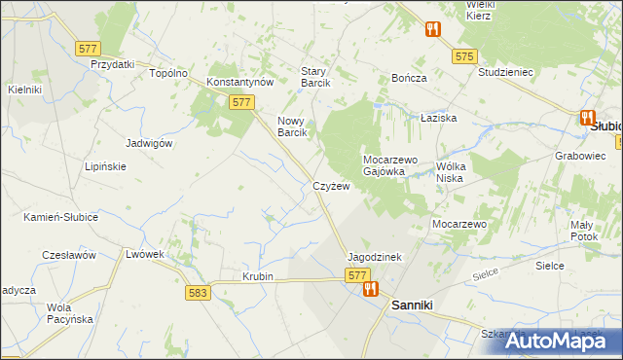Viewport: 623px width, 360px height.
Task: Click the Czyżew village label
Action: pyautogui.click(x=331, y=185)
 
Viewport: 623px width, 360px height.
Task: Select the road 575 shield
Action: pyautogui.click(x=463, y=57)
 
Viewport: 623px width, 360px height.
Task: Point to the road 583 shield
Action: pyautogui.click(x=199, y=292)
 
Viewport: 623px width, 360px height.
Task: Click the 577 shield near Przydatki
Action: pyautogui.click(x=89, y=47)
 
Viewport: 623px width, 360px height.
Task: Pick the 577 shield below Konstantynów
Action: pyautogui.click(x=242, y=102)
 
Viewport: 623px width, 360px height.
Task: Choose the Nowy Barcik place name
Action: pyautogui.click(x=292, y=126)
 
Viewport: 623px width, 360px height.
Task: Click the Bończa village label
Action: pyautogui.click(x=409, y=77)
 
